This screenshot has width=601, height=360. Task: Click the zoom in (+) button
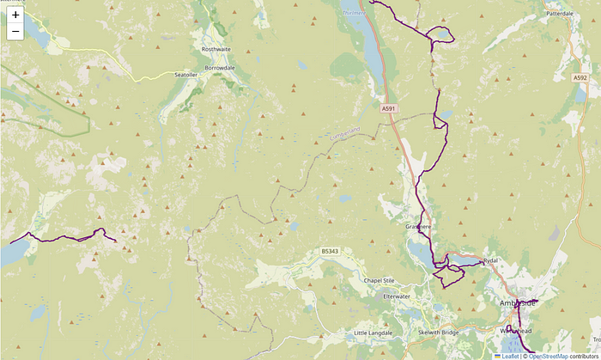click(x=15, y=15)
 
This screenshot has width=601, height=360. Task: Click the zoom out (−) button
click(x=15, y=33)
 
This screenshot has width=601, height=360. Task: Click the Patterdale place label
click(x=565, y=14)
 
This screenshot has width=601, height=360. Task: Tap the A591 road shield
click(x=389, y=108)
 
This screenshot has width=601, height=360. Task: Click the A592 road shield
click(x=580, y=77)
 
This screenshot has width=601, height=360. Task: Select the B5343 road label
click(x=331, y=251)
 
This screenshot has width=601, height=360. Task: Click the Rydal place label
click(x=490, y=260)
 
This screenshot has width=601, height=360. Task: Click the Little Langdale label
click(x=373, y=333)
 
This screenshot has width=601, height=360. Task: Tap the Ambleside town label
click(x=517, y=304)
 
